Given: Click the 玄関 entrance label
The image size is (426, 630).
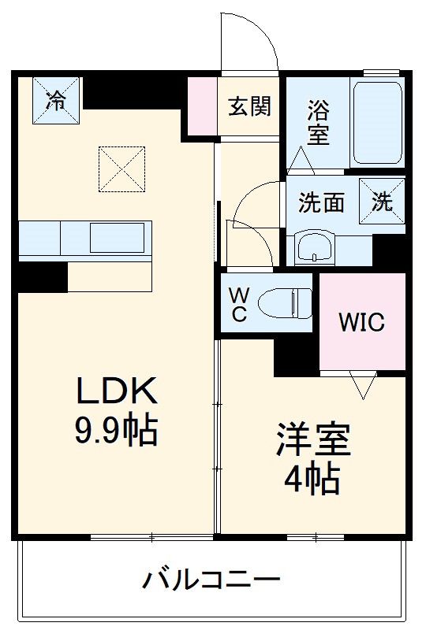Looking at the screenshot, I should coord(250,107).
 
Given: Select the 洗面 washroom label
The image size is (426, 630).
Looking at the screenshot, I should coord(321,202).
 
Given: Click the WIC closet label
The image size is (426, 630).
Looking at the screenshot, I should coord(361,322).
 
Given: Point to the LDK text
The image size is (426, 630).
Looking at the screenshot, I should coord(118,391).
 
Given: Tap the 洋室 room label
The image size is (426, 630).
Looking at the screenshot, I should coord(312,440).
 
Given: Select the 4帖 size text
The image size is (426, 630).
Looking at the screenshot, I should coord(312,478).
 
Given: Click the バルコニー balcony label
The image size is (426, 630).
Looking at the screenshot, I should coord(211,582).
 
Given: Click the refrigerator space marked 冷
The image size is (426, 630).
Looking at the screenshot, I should coord(56,99).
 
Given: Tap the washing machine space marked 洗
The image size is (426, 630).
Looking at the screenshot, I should coord(383,202).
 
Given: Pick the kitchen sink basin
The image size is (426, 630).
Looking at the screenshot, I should coord(117,236).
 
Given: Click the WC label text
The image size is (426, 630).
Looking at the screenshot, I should coord(239,305).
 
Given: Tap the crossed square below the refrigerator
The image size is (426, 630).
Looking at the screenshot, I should coord(121,169).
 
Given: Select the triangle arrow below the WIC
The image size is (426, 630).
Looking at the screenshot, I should coord(363,387).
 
